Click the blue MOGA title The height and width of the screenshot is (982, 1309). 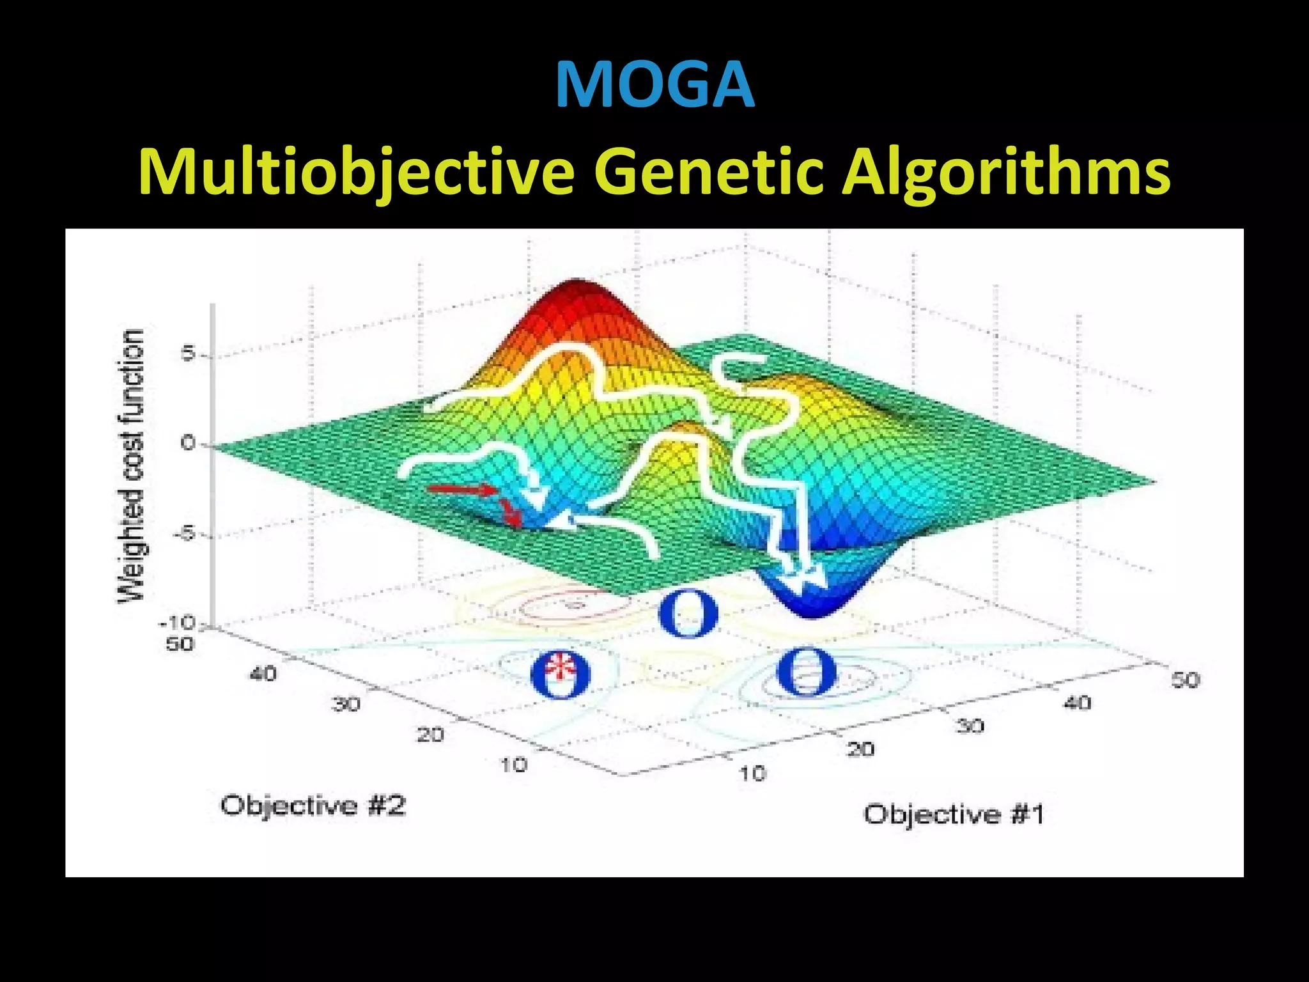click(x=654, y=85)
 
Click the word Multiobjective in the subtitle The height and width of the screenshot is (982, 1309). click(x=357, y=173)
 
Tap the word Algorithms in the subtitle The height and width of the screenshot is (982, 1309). click(x=1006, y=173)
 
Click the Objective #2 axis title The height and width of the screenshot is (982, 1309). click(x=313, y=806)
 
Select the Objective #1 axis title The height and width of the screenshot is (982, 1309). click(x=954, y=814)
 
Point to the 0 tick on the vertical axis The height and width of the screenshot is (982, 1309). click(x=188, y=442)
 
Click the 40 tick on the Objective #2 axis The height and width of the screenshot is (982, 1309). click(x=263, y=673)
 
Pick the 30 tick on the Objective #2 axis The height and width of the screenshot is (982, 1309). click(x=346, y=705)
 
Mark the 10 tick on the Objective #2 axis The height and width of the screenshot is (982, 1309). click(x=513, y=765)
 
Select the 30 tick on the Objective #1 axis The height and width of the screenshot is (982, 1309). click(x=970, y=726)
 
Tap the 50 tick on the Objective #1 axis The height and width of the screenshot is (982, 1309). click(x=1185, y=680)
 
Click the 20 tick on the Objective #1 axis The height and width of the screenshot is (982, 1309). click(x=860, y=749)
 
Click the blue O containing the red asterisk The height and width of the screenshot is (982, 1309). click(x=561, y=675)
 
